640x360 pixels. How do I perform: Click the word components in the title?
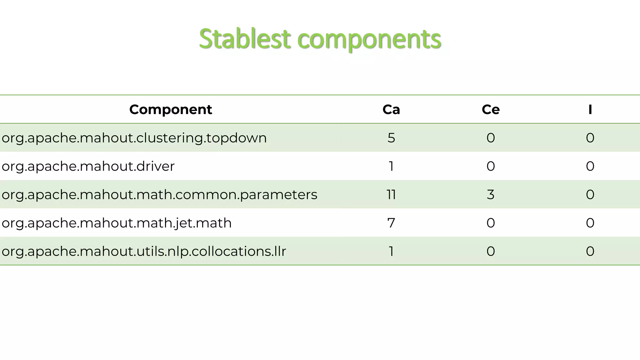pyautogui.click(x=369, y=39)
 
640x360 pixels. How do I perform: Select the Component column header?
pyautogui.click(x=171, y=109)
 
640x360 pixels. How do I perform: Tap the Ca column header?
pyautogui.click(x=391, y=109)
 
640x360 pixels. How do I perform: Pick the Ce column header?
pyautogui.click(x=491, y=109)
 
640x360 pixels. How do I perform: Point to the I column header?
pyautogui.click(x=590, y=109)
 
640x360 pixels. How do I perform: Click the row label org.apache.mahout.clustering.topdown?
pyautogui.click(x=134, y=138)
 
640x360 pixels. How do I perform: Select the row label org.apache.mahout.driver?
pyautogui.click(x=88, y=166)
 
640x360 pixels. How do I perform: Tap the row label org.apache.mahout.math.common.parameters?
pyautogui.click(x=159, y=194)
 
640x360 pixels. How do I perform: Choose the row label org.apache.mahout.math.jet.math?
pyautogui.click(x=117, y=223)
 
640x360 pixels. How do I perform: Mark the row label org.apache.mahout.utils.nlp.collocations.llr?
pyautogui.click(x=144, y=251)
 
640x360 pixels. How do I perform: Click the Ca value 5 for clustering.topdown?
pyautogui.click(x=391, y=138)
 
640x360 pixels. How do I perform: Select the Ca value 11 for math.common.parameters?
pyautogui.click(x=391, y=194)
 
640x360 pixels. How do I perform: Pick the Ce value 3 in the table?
pyautogui.click(x=491, y=194)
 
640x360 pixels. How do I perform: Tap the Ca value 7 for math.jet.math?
pyautogui.click(x=391, y=223)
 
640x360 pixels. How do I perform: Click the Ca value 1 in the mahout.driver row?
pyautogui.click(x=391, y=166)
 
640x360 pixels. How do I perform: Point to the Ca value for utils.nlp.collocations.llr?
pyautogui.click(x=391, y=251)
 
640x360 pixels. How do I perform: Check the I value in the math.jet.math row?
pyautogui.click(x=590, y=223)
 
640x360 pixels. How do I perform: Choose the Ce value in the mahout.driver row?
pyautogui.click(x=491, y=166)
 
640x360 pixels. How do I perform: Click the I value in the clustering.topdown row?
pyautogui.click(x=590, y=138)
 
